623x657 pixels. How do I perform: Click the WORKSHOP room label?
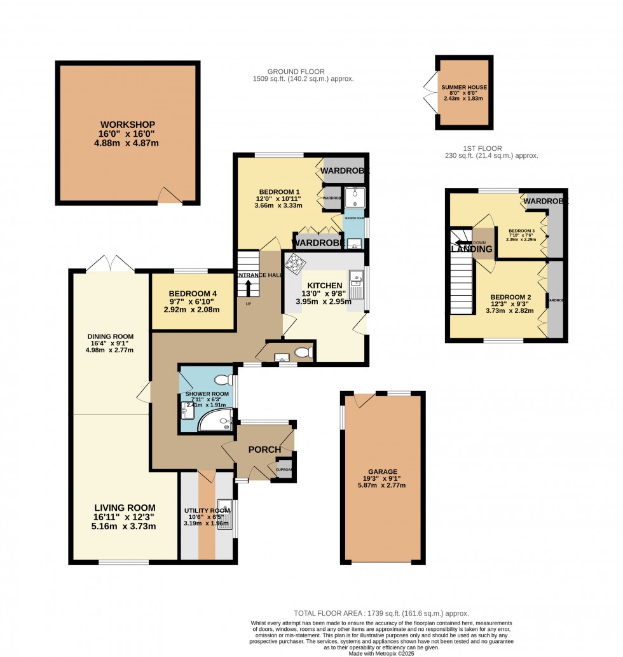(x=127, y=125)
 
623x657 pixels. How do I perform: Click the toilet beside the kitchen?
(x=305, y=352)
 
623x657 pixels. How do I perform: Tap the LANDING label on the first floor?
(x=472, y=249)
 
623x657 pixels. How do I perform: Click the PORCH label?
(x=264, y=450)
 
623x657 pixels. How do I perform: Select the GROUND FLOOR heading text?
(x=296, y=72)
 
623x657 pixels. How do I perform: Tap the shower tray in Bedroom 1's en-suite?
(x=352, y=195)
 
